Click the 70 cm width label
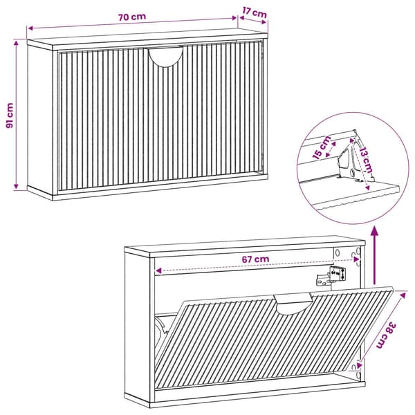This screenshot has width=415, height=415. tap(132, 17)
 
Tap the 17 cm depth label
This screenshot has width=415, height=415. tap(255, 12)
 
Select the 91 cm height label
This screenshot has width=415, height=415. tap(10, 116)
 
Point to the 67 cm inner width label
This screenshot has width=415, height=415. tap(255, 259)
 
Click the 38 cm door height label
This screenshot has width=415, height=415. tap(387, 335)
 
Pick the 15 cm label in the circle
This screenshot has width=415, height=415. tap(322, 148)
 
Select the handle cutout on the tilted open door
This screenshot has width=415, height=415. tap(293, 304)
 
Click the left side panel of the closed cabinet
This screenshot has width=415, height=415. tap(40, 118)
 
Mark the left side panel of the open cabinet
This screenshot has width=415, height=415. tap(137, 326)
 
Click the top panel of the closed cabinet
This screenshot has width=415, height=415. tap(147, 39)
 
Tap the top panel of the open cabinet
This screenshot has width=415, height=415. tap(244, 247)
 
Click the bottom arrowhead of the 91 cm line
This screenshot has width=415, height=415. tap(16, 186)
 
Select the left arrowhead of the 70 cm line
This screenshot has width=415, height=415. tap(30, 28)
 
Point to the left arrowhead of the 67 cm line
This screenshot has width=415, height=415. tap(158, 270)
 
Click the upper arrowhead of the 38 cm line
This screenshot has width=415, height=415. tap(403, 295)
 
